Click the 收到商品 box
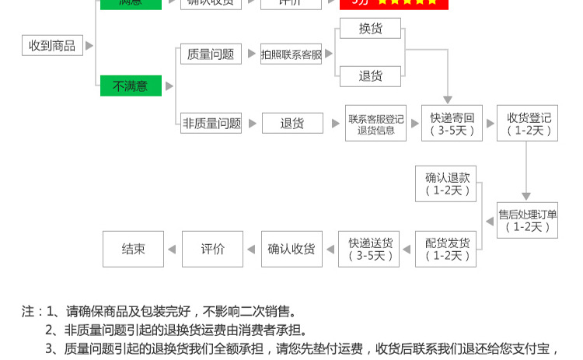[x=52, y=46]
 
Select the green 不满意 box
[x=131, y=86]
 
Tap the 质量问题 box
[x=210, y=54]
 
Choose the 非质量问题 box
[x=211, y=123]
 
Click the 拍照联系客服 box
[x=291, y=54]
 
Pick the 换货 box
[x=370, y=30]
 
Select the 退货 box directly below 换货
[x=370, y=76]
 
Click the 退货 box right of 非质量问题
[x=291, y=123]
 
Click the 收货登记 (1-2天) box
[x=528, y=123]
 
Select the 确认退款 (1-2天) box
[x=447, y=183]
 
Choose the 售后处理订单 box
[x=528, y=220]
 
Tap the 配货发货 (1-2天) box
[x=447, y=249]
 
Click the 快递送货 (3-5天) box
[x=369, y=249]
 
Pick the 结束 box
[x=134, y=249]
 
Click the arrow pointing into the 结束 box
[x=173, y=249]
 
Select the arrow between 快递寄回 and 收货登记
[x=490, y=123]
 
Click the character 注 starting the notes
[x=27, y=311]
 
